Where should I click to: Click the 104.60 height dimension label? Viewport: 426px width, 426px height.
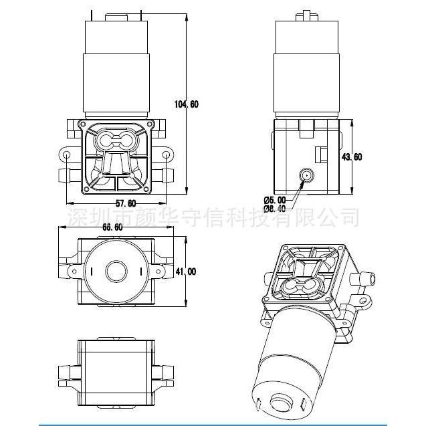click(186, 104)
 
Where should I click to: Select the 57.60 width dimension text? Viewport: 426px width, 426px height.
click(126, 203)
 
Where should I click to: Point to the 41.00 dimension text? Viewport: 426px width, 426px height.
click(187, 272)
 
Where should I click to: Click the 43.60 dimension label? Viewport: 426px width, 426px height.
click(352, 157)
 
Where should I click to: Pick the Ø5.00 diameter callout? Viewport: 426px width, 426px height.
click(275, 199)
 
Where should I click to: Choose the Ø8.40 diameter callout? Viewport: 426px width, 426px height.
click(275, 209)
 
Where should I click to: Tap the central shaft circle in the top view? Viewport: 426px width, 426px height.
click(116, 272)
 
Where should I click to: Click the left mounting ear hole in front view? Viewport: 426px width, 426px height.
click(67, 155)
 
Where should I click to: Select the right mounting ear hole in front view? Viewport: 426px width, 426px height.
click(167, 155)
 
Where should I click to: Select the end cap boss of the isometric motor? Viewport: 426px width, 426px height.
click(277, 405)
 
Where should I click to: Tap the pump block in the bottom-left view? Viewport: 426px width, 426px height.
click(116, 364)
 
